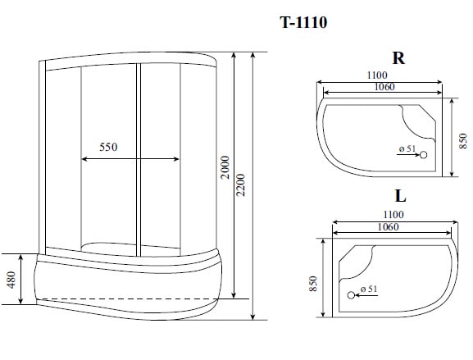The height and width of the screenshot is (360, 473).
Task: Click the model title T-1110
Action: point(303,22)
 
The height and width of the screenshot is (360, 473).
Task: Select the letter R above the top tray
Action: point(398,58)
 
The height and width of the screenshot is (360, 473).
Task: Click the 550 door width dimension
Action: point(109,148)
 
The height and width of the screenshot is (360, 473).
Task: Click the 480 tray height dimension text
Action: point(11,280)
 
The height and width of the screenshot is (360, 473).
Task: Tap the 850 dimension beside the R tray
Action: point(464,137)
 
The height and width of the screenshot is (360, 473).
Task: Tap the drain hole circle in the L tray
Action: point(351,294)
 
